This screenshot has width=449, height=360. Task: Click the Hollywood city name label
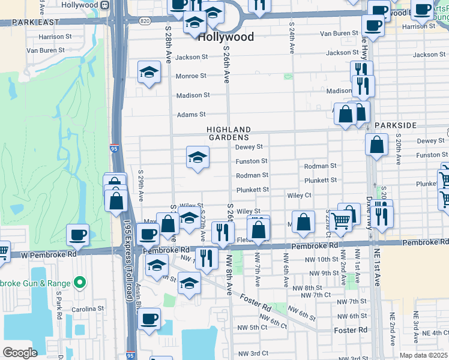(226, 37)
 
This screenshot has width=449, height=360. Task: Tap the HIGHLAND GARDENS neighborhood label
(229, 133)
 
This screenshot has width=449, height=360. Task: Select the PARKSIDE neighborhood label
(394, 125)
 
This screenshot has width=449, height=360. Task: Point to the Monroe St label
(191, 76)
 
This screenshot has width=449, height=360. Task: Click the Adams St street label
(191, 115)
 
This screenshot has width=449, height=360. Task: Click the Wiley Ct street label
(299, 196)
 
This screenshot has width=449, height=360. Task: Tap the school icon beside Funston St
(197, 158)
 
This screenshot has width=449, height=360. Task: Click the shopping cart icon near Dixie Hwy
(340, 221)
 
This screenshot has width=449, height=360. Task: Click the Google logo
(20, 353)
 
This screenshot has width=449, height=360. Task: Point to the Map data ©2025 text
(423, 355)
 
